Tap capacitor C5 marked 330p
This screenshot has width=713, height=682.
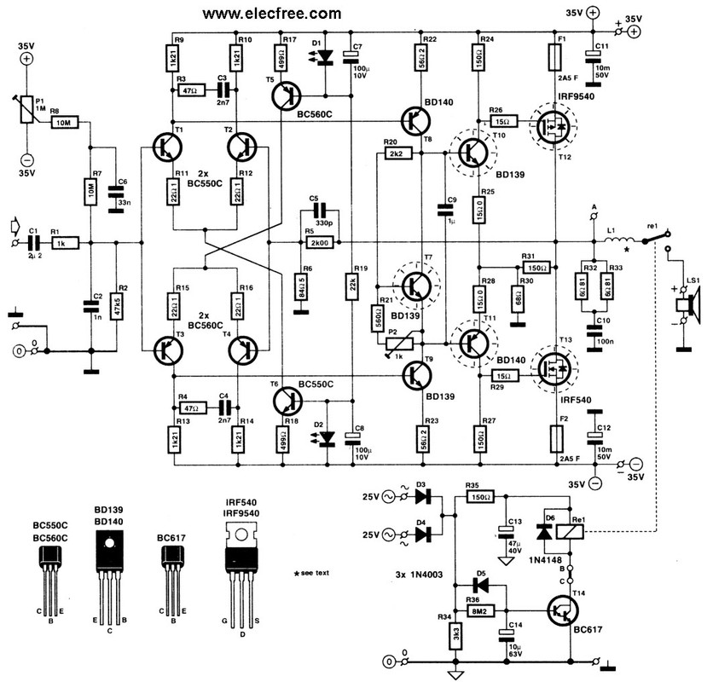pyautogui.click(x=322, y=208)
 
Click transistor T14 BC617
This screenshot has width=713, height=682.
pyautogui.click(x=561, y=612)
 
